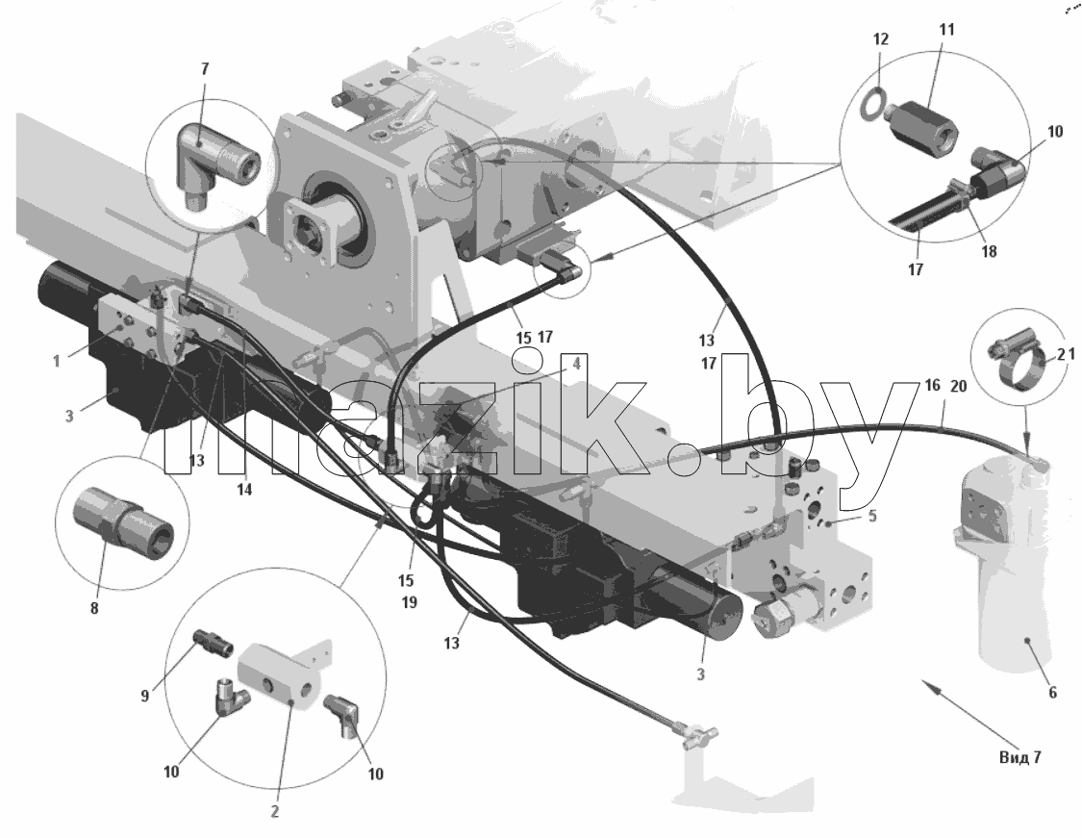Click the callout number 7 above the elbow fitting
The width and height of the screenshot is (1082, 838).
tap(205, 69)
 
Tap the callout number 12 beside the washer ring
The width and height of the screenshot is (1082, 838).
tap(881, 39)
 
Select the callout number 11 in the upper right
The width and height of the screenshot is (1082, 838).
tap(946, 30)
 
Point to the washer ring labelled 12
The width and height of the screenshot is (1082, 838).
tap(872, 101)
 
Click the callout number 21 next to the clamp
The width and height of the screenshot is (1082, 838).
tap(1068, 355)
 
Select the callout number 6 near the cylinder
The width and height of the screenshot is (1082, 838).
tap(1052, 693)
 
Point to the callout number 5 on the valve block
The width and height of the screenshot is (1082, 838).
tap(872, 517)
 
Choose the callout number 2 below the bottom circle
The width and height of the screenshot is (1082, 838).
tap(275, 812)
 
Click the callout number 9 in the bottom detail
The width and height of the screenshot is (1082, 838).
tap(145, 697)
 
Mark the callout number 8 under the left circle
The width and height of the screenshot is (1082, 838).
tap(94, 608)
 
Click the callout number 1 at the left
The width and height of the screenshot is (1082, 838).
tap(58, 361)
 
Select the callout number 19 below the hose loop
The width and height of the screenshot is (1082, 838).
tap(409, 602)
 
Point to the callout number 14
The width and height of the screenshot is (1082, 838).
tap(244, 490)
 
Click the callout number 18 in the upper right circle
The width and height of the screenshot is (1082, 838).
tap(989, 252)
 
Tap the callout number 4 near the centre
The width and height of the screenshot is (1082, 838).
tap(576, 363)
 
